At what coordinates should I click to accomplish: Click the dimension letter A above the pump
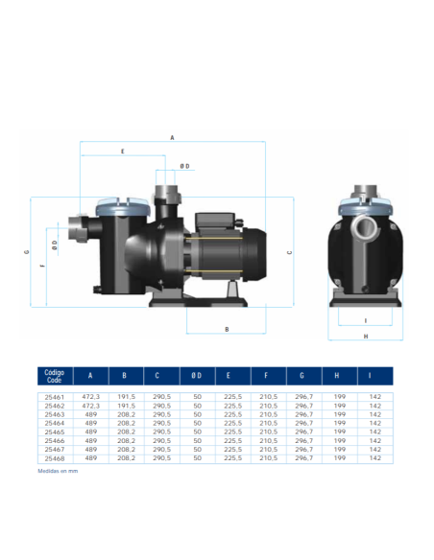point(172,137)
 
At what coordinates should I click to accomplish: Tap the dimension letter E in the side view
point(123,152)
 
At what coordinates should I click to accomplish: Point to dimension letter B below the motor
point(227,329)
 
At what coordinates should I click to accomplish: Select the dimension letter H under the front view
point(366,337)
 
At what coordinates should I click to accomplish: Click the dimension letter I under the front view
point(366,320)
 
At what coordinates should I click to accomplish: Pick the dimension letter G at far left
point(26,252)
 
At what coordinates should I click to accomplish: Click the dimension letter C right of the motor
point(290,252)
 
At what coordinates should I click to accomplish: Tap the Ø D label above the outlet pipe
point(184,167)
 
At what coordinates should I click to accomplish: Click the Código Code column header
point(55,376)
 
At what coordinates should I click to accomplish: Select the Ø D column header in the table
point(197,376)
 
